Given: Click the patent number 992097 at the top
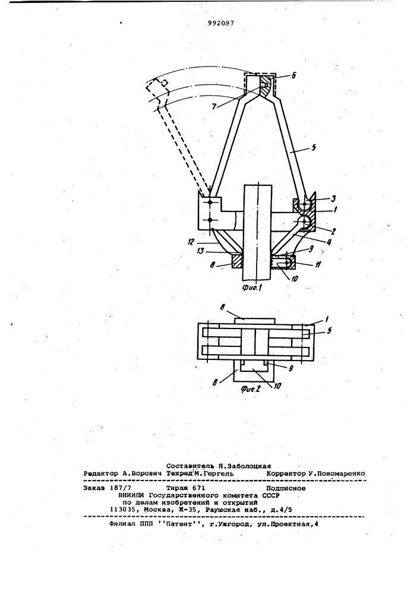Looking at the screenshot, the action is pos(220,23).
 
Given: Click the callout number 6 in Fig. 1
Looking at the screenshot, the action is pos(294,75).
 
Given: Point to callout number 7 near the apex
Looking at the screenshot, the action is pos(214,107).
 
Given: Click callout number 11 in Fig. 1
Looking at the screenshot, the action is pos(318,265).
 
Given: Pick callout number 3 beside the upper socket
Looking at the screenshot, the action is pos(322,198).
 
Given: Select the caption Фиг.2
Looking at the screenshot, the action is pos(251,388).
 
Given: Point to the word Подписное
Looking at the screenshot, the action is pos(286,488).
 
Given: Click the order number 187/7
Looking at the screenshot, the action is pos(119,488).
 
